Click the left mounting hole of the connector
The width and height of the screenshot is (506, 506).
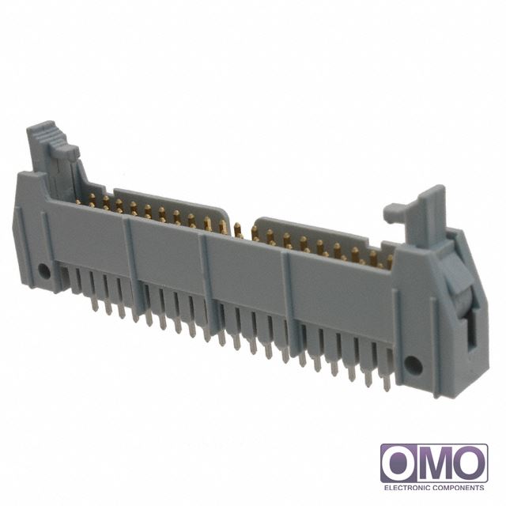(x=44, y=271)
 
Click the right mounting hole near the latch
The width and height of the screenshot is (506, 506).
(x=413, y=365)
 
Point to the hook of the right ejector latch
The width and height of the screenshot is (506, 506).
(x=395, y=213)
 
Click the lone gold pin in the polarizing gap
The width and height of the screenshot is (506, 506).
(x=238, y=230)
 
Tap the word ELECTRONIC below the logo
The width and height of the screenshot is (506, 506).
(x=406, y=488)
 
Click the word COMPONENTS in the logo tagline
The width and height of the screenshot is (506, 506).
(x=458, y=488)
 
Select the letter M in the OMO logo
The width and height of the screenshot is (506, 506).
(x=434, y=463)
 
